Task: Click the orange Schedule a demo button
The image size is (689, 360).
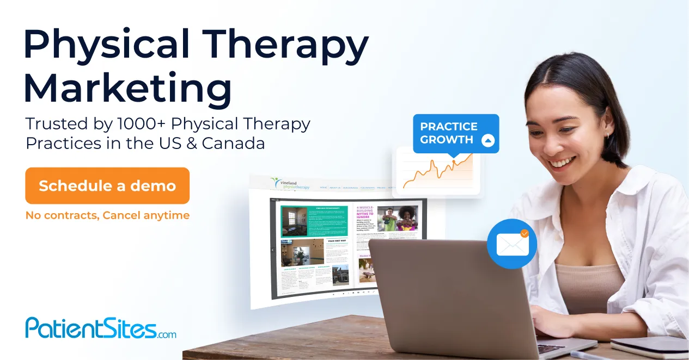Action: point(107,186)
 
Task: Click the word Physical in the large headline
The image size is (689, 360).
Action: point(103,45)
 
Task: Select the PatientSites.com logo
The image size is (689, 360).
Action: point(101,328)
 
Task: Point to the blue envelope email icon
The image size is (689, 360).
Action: point(512,245)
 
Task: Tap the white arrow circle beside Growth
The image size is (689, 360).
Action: point(488,140)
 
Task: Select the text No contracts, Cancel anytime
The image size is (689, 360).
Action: point(107,215)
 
